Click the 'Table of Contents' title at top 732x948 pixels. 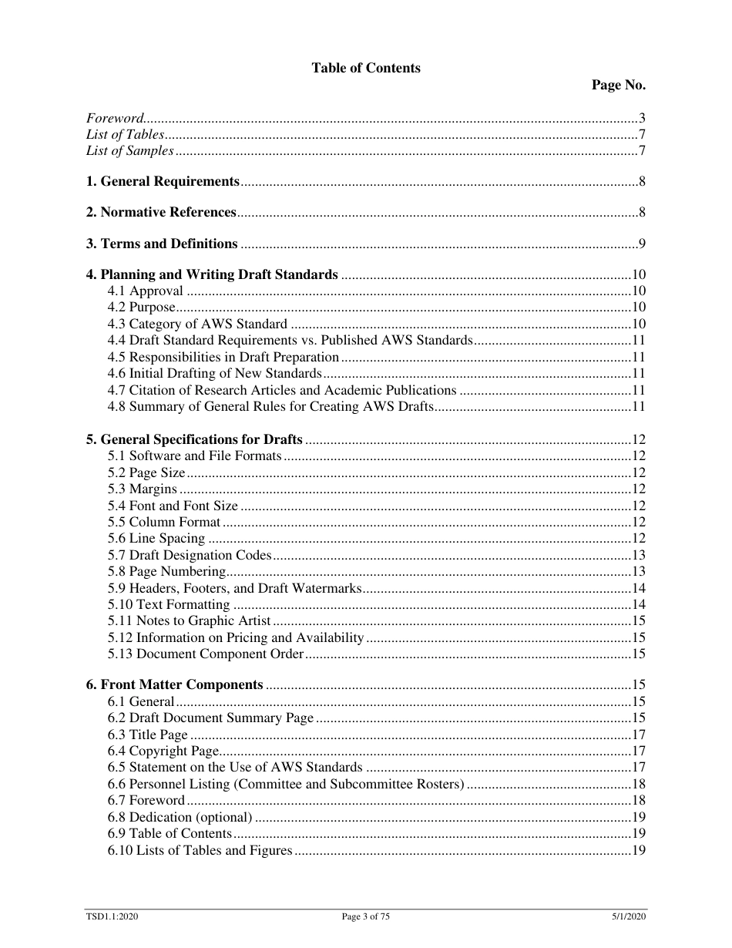coord(366,68)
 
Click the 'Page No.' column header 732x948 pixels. coord(618,85)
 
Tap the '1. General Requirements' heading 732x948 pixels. coord(163,182)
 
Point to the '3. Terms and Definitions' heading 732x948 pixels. coord(162,244)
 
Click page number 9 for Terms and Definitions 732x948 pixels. coord(641,244)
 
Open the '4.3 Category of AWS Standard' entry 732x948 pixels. coord(197,324)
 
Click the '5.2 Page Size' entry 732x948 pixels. coord(146,473)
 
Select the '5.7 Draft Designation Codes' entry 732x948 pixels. coord(190,556)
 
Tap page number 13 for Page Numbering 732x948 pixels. coord(638,572)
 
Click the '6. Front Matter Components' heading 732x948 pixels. coord(175,685)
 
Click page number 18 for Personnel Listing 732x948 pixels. coord(638,785)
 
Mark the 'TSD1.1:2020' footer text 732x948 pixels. coord(112,917)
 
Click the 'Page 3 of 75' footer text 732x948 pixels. coord(366,917)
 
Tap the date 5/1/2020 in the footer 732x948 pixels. coord(624,917)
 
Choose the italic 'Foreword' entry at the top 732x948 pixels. coord(115,119)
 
